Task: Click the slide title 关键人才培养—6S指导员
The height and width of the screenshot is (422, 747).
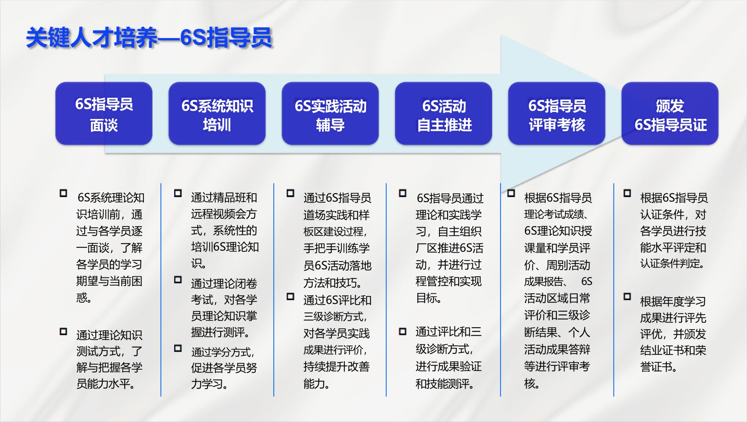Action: pos(149,38)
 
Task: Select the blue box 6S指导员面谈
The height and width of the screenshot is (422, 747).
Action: pos(104,113)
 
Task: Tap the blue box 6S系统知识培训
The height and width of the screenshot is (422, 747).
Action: pos(217,113)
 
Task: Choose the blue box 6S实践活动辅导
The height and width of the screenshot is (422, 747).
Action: pos(330,113)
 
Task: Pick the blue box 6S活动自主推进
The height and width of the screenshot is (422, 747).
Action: pos(444,113)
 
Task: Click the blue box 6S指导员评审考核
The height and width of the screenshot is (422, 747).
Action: pos(557,113)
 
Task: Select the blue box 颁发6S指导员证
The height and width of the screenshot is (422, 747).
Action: pos(670,113)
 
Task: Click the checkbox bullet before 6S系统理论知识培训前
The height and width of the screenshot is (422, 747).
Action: pos(63,193)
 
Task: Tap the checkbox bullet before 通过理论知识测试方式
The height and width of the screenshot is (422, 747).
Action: pos(63,331)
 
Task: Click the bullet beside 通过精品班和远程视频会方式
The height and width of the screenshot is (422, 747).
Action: pos(178,193)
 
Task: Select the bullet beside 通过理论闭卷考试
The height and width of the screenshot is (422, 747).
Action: pos(178,279)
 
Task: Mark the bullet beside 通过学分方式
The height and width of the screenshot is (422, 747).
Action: pos(178,348)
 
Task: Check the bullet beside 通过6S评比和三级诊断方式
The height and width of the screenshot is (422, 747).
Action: pos(290,296)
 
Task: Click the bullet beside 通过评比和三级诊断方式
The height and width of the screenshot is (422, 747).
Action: pos(403,331)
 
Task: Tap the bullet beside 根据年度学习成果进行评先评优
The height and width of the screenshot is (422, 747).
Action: pos(627,296)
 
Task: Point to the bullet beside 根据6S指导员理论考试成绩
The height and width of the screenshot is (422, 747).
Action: pos(511,193)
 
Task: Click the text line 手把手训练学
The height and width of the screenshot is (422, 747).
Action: pos(337,248)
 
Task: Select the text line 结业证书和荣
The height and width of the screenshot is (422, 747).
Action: pos(673,350)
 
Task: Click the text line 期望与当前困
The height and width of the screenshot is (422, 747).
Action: pos(109,281)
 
